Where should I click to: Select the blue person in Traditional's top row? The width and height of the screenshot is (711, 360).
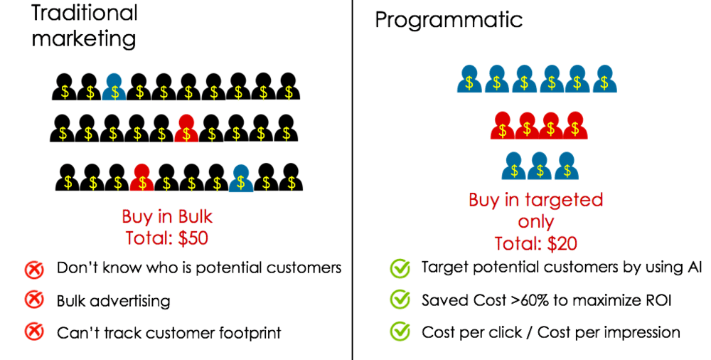tap(114, 87)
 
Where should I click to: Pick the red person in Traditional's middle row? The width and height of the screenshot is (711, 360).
tap(186, 129)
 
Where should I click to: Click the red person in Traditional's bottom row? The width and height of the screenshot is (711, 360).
tap(142, 177)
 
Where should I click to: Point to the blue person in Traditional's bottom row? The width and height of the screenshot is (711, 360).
tap(241, 178)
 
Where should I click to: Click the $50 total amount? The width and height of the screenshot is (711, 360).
tap(193, 238)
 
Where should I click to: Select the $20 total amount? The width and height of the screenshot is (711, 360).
tap(562, 244)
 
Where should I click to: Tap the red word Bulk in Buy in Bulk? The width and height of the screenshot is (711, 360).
tap(195, 216)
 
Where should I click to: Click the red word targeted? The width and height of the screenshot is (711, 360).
tap(564, 200)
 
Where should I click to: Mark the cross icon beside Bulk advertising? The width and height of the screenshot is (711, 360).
tap(34, 300)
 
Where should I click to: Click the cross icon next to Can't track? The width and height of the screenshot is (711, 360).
tap(34, 333)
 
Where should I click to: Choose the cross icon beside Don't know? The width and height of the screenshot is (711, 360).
tap(34, 269)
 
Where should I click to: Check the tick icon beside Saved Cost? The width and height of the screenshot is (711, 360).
tap(400, 300)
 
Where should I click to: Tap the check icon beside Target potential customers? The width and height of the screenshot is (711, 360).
tap(400, 268)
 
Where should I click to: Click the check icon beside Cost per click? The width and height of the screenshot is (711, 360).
tap(400, 332)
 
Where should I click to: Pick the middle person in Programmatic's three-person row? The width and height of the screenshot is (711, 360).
tap(540, 166)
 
